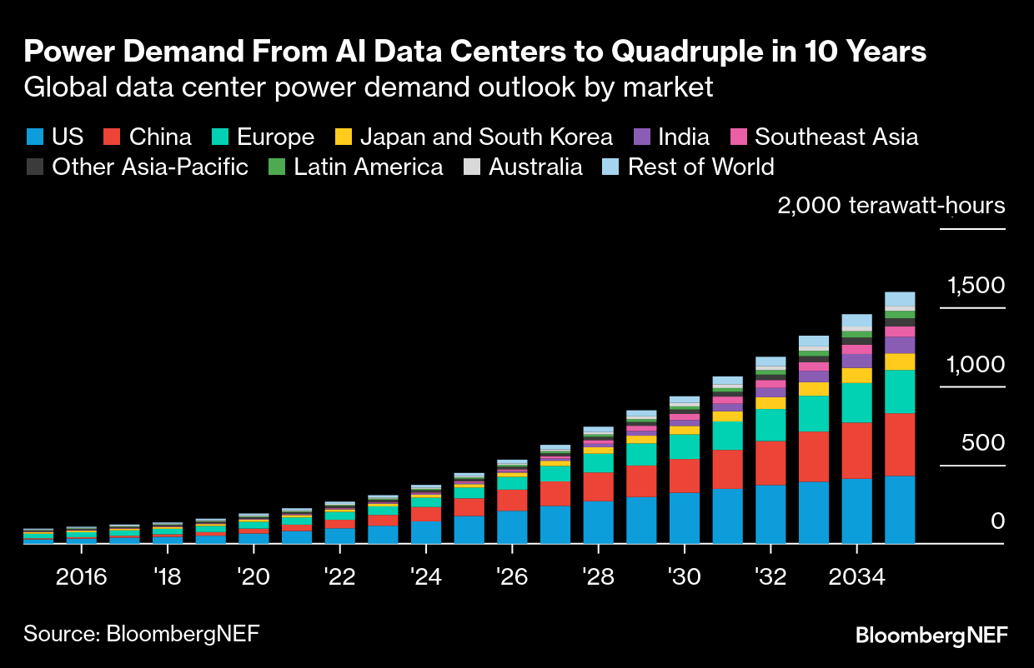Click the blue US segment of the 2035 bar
pyautogui.click(x=900, y=510)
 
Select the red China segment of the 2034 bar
pyautogui.click(x=856, y=451)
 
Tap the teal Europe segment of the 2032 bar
pyautogui.click(x=770, y=425)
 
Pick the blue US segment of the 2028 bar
pyautogui.click(x=598, y=522)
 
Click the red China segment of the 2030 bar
pyautogui.click(x=685, y=476)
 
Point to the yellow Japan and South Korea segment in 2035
pyautogui.click(x=900, y=361)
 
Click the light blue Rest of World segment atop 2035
pyautogui.click(x=900, y=299)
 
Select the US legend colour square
pyautogui.click(x=34, y=137)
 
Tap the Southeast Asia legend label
pyautogui.click(x=836, y=137)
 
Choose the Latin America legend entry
pyautogui.click(x=368, y=167)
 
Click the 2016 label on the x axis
pyautogui.click(x=81, y=577)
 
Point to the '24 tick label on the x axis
pyautogui.click(x=425, y=577)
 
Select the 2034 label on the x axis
pyautogui.click(x=856, y=577)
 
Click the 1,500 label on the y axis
pyautogui.click(x=976, y=287)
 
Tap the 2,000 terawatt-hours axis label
pyautogui.click(x=891, y=206)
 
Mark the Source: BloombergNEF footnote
pyautogui.click(x=141, y=633)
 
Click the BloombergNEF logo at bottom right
pyautogui.click(x=931, y=636)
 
